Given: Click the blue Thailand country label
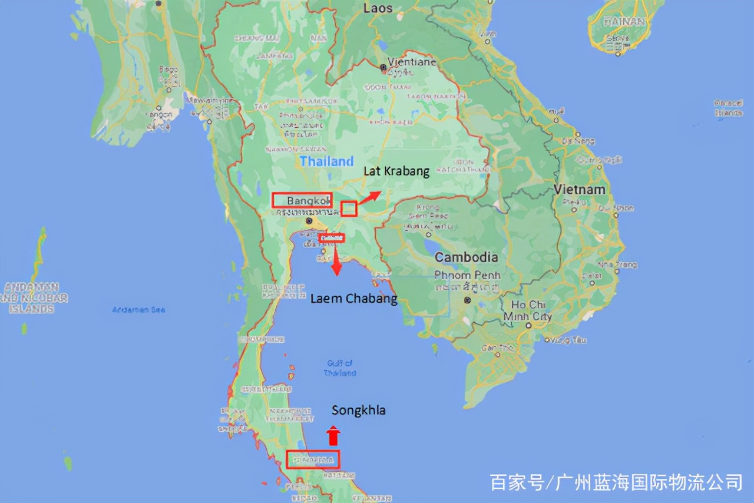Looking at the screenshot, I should click(327, 161).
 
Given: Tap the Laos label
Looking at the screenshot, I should click(378, 8).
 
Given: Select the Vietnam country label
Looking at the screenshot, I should click(579, 190).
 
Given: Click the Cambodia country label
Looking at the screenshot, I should click(466, 257).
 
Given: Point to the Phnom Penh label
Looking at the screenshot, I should click(467, 275).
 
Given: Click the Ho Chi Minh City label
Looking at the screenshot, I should click(527, 310).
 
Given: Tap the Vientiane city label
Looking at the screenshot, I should click(412, 62).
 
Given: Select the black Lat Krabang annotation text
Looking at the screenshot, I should click(396, 171).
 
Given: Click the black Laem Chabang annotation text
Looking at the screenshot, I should click(353, 299).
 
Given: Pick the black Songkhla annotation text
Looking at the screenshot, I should click(358, 411).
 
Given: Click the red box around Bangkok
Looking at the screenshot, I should click(302, 200).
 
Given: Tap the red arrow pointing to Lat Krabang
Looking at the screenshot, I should click(370, 197).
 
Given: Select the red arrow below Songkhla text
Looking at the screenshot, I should click(333, 435).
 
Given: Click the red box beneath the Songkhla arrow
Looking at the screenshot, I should click(313, 459).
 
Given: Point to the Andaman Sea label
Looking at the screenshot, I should click(139, 310).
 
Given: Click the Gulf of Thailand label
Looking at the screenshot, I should click(340, 368).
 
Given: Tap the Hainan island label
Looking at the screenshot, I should click(624, 22).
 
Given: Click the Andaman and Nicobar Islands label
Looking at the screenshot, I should click(34, 297).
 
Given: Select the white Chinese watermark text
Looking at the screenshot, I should click(616, 482).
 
